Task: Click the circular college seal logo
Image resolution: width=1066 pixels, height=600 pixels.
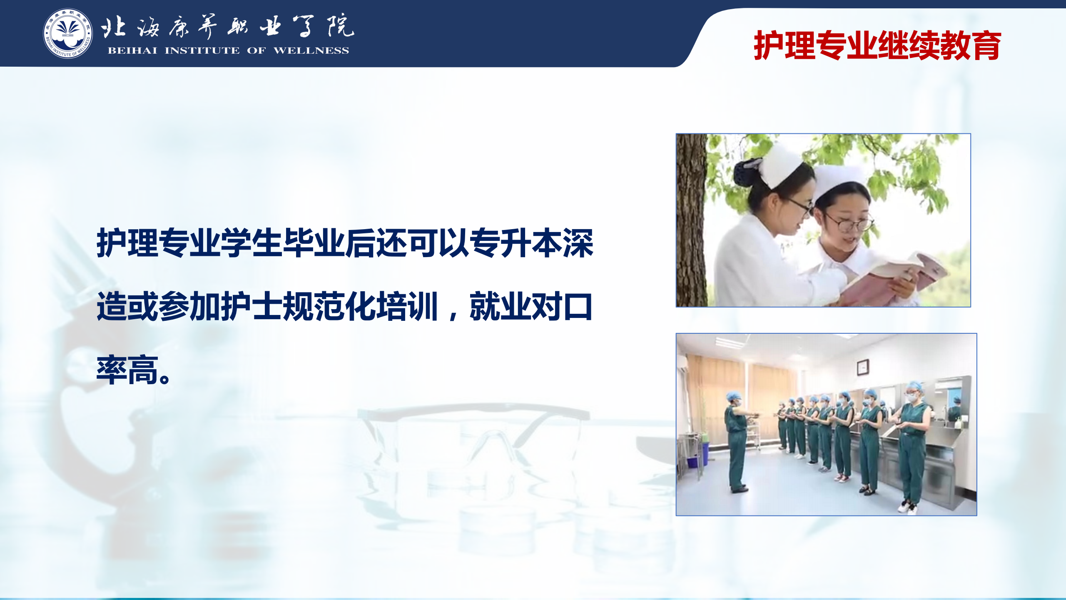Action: [x=68, y=33]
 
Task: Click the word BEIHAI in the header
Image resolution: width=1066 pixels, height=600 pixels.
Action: [x=132, y=51]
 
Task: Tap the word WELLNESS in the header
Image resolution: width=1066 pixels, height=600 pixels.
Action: [x=311, y=51]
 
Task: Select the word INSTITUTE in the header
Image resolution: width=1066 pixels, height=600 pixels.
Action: [x=202, y=51]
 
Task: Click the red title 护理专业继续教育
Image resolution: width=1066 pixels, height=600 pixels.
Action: [x=877, y=45]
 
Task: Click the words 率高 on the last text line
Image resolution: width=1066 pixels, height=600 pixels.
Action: [x=127, y=370]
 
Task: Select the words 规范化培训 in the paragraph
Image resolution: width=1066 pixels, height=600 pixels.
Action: [x=361, y=307]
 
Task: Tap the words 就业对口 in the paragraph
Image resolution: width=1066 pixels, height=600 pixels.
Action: [x=531, y=307]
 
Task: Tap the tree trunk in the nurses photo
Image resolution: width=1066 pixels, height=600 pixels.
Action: [x=692, y=220]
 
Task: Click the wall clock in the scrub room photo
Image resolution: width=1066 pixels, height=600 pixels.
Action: [x=862, y=367]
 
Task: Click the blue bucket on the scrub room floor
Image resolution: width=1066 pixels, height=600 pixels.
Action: [x=693, y=462]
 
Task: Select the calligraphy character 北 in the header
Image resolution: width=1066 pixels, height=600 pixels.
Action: [x=113, y=27]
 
